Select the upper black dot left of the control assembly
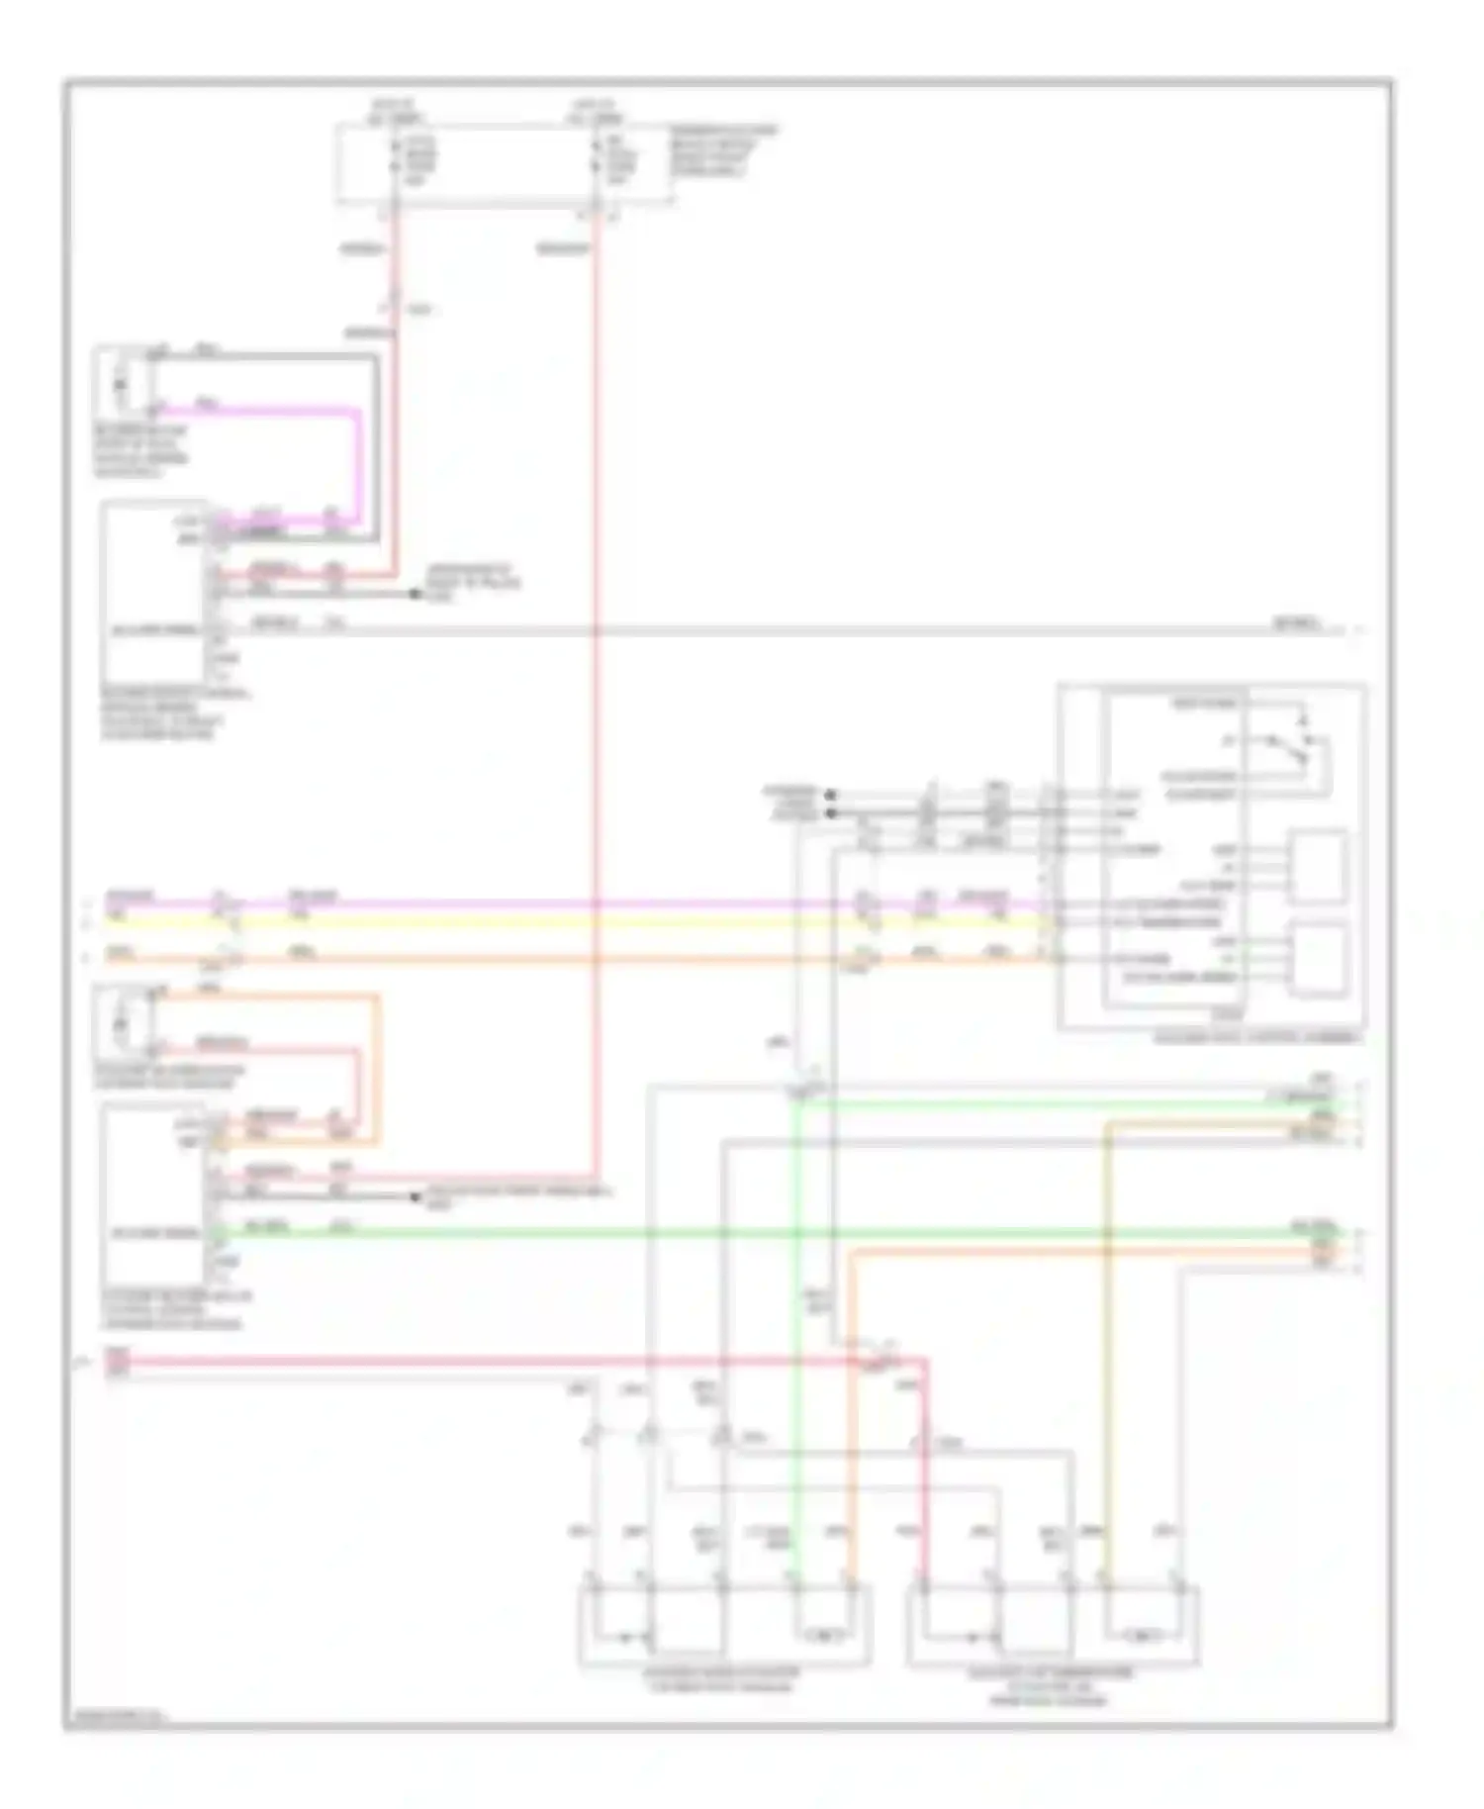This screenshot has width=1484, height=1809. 830,794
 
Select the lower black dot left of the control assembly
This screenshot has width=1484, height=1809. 830,813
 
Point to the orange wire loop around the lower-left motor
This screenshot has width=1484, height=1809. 377,1069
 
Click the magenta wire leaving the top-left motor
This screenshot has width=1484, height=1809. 355,455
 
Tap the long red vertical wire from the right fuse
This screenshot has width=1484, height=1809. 597,693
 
